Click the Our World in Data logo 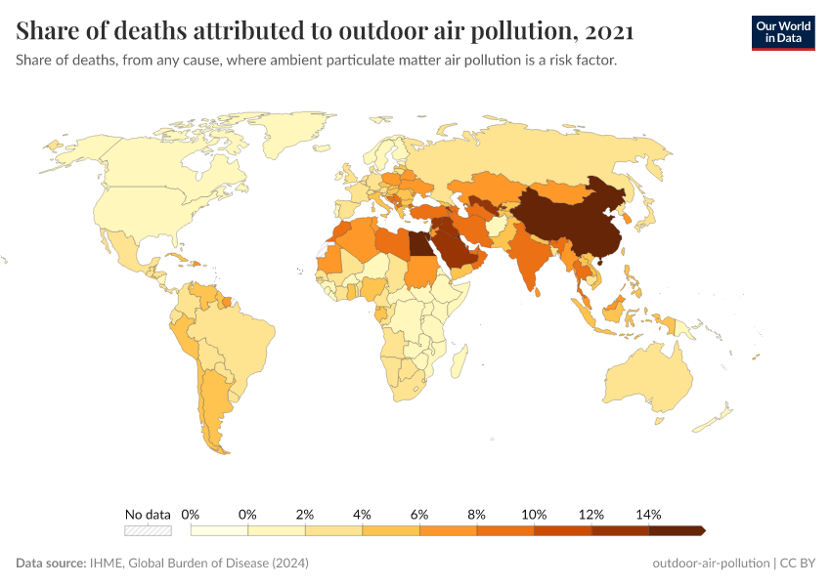click(782, 32)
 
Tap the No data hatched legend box click(148, 530)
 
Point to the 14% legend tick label click(648, 514)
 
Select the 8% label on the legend click(477, 514)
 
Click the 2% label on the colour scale click(305, 514)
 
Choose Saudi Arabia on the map click(455, 254)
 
